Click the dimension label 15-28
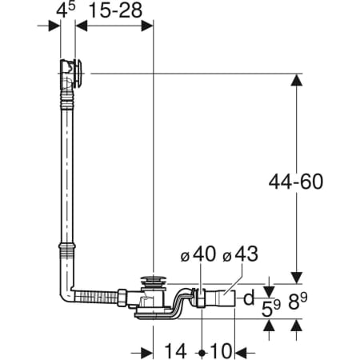pyautogui.click(x=115, y=11)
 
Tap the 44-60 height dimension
pyautogui.click(x=296, y=182)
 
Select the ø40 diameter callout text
pyautogui.click(x=198, y=254)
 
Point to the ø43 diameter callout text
pyautogui.click(x=240, y=254)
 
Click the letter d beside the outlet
pyautogui.click(x=249, y=298)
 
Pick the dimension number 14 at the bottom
pyautogui.click(x=175, y=351)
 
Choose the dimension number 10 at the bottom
pyautogui.click(x=221, y=351)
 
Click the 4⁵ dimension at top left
pyautogui.click(x=66, y=10)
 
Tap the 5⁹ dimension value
pyautogui.click(x=271, y=308)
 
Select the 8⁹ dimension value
pyautogui.click(x=298, y=302)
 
